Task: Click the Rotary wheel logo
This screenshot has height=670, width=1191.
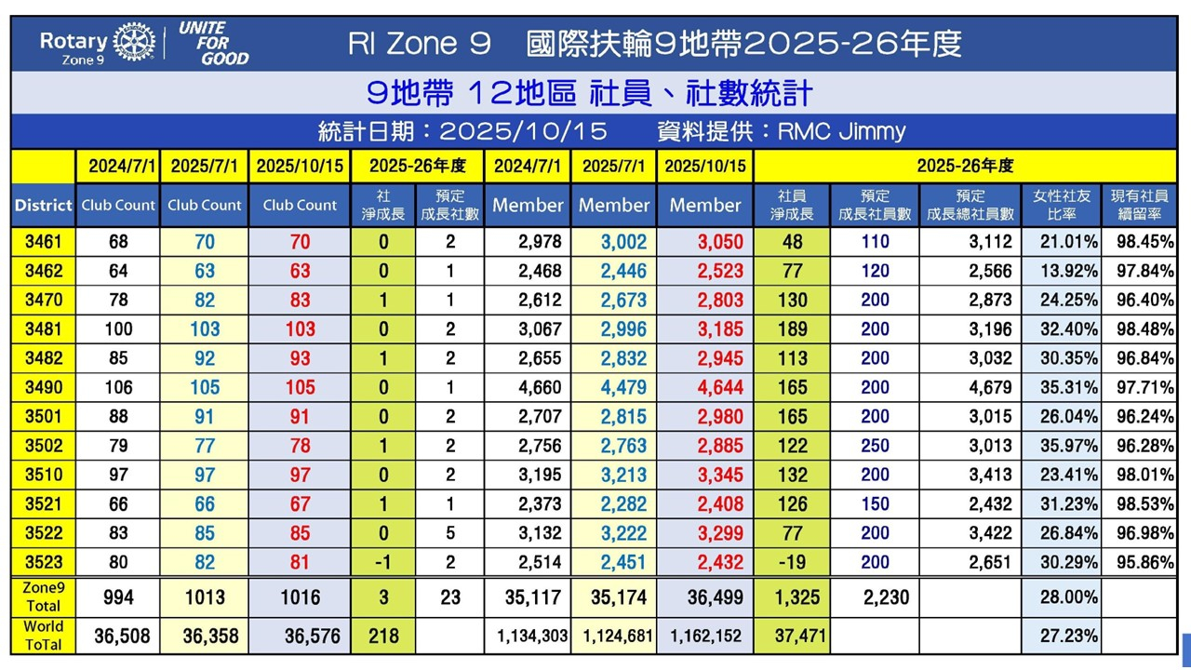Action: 134,43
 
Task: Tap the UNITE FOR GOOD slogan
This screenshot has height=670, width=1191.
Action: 213,43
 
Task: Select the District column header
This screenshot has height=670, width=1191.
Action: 43,206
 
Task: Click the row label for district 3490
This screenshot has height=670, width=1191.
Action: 43,387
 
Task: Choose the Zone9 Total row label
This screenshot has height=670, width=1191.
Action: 43,596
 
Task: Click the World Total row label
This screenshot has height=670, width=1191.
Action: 43,636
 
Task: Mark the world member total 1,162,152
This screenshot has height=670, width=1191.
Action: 707,636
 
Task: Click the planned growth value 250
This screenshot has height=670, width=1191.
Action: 875,445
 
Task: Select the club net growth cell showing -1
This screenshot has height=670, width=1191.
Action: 383,562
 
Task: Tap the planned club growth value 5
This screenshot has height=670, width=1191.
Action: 450,533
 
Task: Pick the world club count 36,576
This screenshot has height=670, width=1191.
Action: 300,636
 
